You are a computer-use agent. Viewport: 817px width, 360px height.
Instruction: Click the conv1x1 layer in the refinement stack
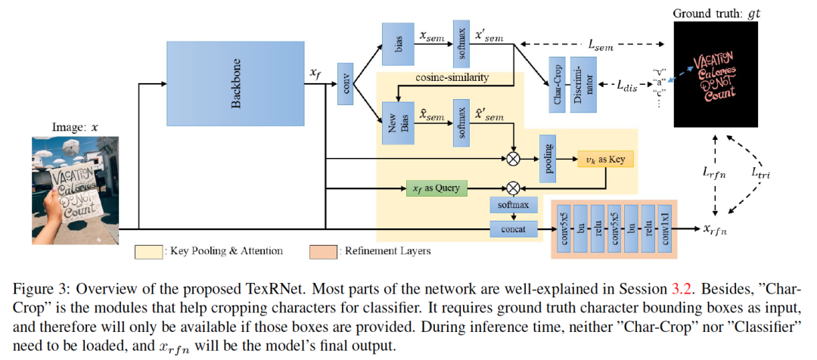click(664, 227)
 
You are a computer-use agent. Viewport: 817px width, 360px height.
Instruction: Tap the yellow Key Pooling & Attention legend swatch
click(149, 250)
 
